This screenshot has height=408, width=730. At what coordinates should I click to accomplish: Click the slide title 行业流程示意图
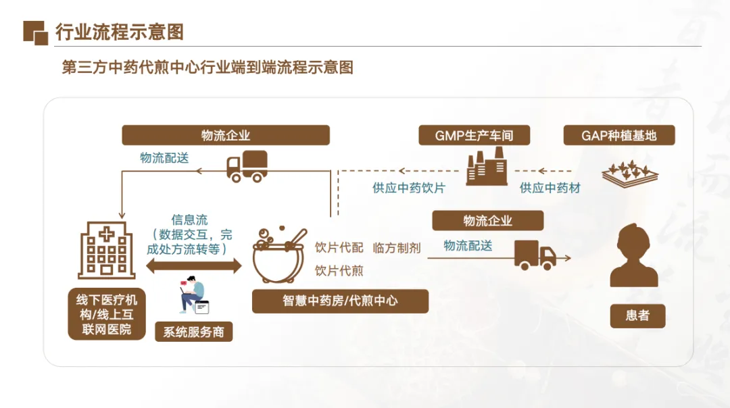120,32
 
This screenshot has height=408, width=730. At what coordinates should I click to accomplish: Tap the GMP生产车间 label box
474,135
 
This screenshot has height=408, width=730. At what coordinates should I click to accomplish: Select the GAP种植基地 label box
619,135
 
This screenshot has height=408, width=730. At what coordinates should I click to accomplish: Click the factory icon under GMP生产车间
487,167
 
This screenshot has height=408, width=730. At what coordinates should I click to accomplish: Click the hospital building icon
107,251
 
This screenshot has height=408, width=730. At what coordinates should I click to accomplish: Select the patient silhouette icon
633,256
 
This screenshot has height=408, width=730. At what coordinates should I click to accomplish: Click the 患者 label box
637,315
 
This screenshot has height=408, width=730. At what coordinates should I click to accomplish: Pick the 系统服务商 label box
193,332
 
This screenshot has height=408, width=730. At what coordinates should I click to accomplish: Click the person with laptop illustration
193,295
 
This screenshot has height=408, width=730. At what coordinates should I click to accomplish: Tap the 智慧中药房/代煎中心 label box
340,301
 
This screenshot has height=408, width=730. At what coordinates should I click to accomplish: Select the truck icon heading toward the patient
535,255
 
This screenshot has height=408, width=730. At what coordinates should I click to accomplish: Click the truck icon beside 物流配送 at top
246,166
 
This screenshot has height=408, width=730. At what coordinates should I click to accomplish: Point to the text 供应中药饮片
408,188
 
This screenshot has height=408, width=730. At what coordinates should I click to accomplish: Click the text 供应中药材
550,188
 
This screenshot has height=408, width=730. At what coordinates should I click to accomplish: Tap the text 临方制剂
397,248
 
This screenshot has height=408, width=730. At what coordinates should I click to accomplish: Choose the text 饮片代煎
339,271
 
